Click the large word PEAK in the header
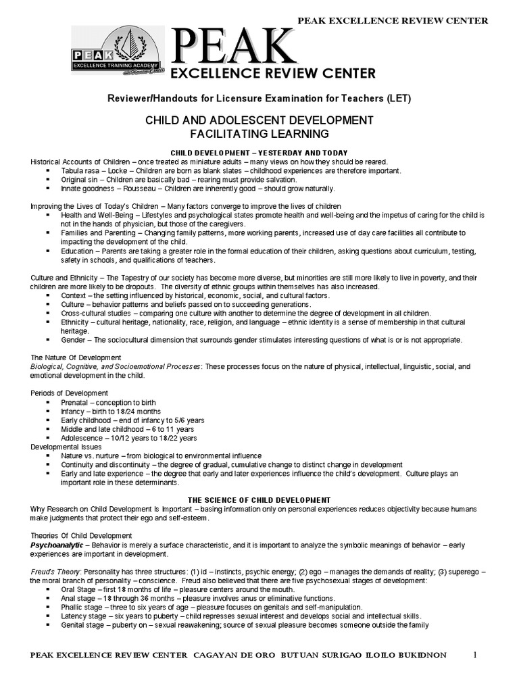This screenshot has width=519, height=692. click(233, 49)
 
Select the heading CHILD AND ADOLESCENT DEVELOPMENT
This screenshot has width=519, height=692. click(259, 120)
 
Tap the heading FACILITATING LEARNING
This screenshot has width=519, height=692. click(259, 134)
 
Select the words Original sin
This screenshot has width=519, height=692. click(80, 180)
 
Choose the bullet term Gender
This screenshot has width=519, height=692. click(74, 340)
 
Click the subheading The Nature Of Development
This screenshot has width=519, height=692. click(76, 357)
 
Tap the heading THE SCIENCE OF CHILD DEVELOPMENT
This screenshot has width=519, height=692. click(259, 499)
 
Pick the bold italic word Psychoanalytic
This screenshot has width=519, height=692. click(56, 545)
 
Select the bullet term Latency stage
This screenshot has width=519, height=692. click(83, 616)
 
